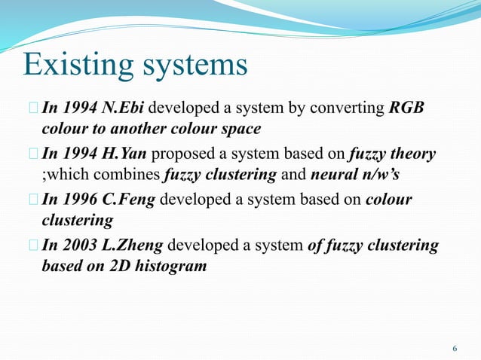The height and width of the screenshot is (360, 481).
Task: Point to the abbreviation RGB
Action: click(x=408, y=108)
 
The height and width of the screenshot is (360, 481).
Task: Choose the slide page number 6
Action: click(x=454, y=348)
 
